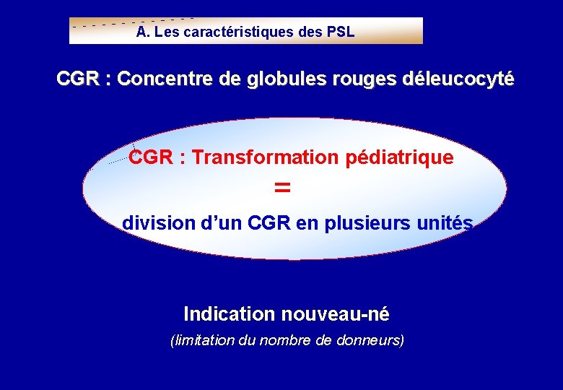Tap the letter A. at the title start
point(142,32)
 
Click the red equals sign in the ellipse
point(282,188)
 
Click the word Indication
point(230,314)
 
